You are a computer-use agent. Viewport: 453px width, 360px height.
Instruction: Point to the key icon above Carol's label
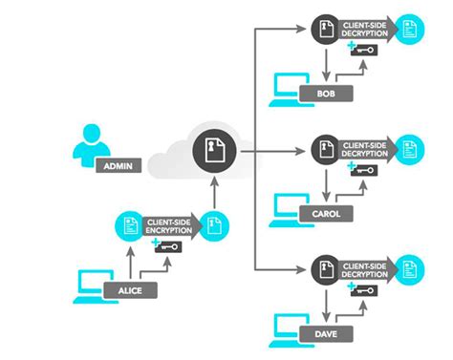pyautogui.click(x=364, y=170)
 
